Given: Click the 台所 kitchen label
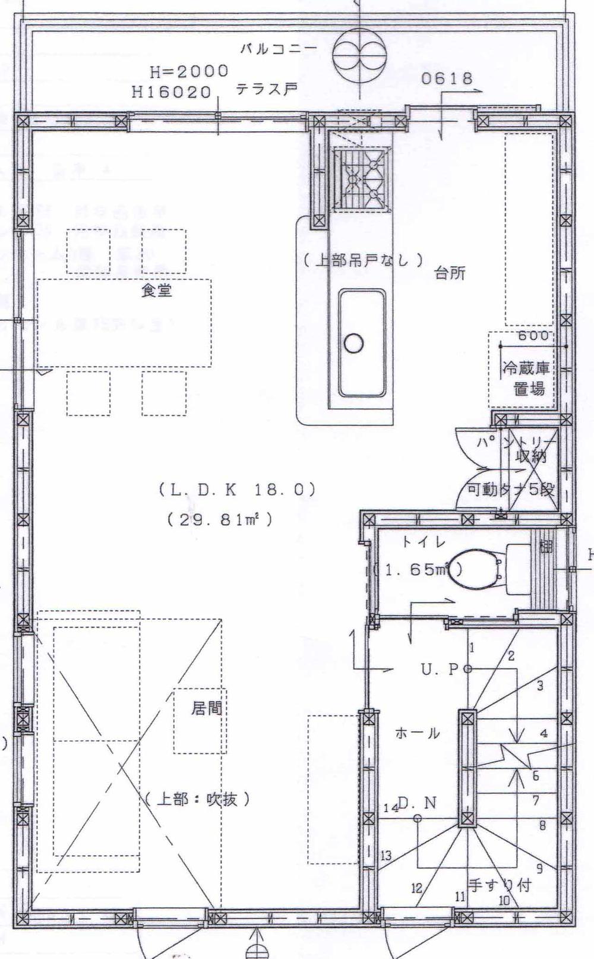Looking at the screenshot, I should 450,273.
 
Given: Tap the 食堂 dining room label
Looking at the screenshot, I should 157,291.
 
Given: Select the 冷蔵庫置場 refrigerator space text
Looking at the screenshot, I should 526,378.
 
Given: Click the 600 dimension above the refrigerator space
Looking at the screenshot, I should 533,336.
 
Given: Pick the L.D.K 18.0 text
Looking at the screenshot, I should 236,490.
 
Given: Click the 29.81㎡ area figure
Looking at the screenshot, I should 220,520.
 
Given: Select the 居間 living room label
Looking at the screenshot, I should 206,708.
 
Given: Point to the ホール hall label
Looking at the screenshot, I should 417,733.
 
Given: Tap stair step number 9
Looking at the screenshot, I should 539,869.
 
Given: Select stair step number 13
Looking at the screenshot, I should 386,856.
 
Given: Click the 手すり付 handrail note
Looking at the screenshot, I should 499,885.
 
